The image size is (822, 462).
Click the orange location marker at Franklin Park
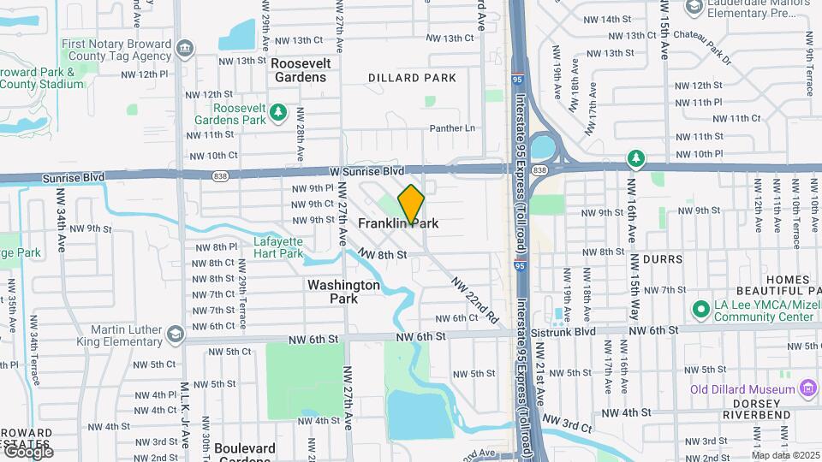tap(411, 204)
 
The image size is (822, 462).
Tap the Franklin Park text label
tap(398, 223)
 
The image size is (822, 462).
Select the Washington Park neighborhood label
tap(343, 292)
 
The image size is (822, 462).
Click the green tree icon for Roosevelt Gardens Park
tap(277, 113)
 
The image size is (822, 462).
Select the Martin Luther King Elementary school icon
tap(176, 333)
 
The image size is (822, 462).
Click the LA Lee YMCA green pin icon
tap(700, 309)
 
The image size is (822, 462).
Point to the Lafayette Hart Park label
tap(278, 247)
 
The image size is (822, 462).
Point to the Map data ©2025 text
tap(785, 455)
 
